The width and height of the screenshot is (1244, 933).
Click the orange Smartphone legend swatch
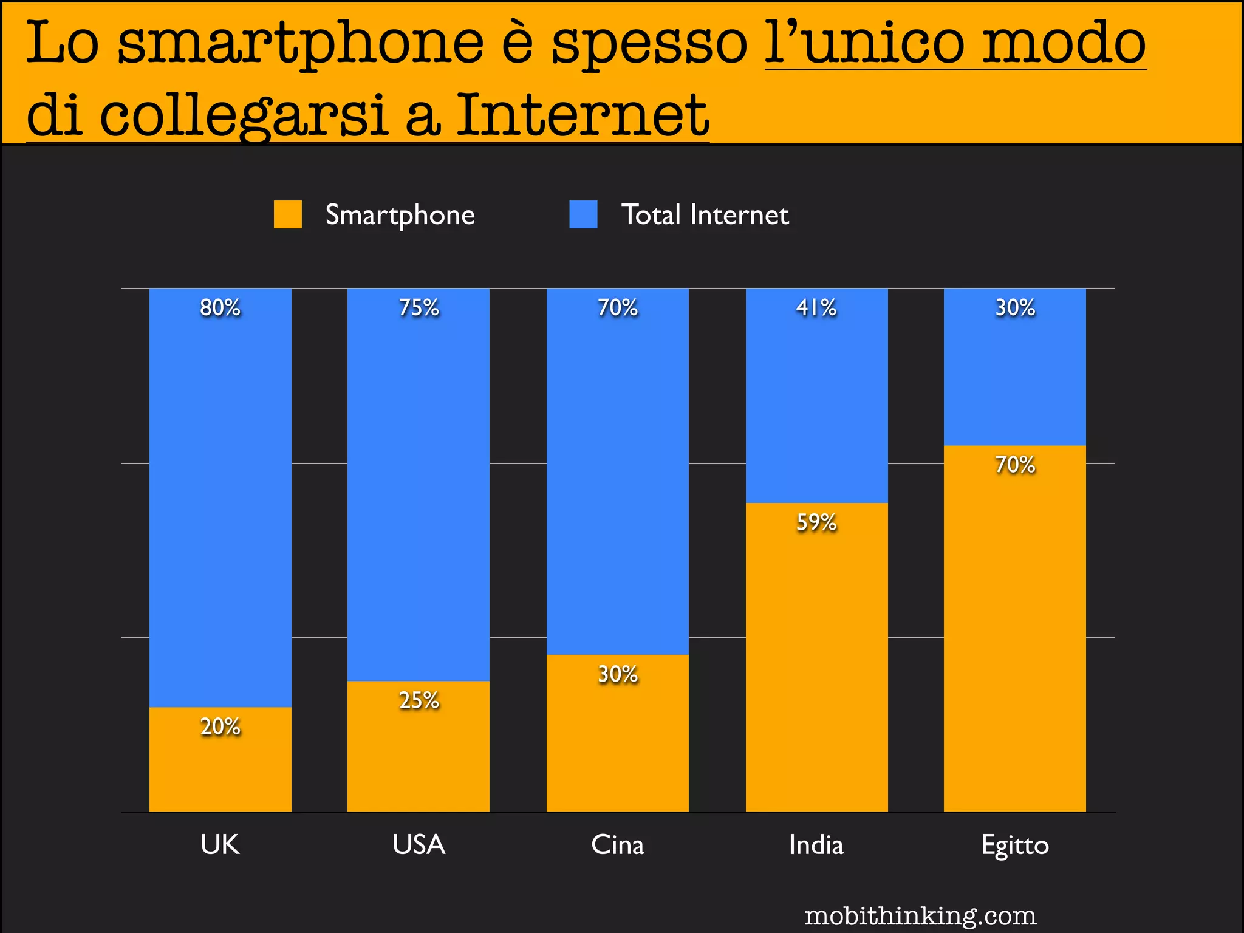pos(287,214)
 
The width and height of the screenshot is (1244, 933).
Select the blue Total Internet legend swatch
pos(583,214)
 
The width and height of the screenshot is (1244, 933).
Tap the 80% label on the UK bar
pos(220,307)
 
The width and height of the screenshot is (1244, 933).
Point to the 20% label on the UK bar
pos(220,726)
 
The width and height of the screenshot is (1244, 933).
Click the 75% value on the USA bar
pos(419,307)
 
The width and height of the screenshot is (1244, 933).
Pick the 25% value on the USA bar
pos(419,700)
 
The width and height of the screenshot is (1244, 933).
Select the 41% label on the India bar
pos(816,307)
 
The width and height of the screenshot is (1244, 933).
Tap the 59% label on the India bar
pos(816,522)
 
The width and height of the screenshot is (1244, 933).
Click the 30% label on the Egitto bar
pos(1015,307)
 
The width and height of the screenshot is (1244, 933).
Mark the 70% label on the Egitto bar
pos(1015,465)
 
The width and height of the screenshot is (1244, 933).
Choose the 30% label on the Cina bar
pos(618,674)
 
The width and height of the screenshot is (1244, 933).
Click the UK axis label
pos(220,845)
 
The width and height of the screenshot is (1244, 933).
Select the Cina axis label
pos(618,845)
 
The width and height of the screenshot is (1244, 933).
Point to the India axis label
pos(816,845)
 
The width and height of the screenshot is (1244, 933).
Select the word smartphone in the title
pos(301,43)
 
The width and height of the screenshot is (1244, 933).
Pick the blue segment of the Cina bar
pos(618,474)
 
